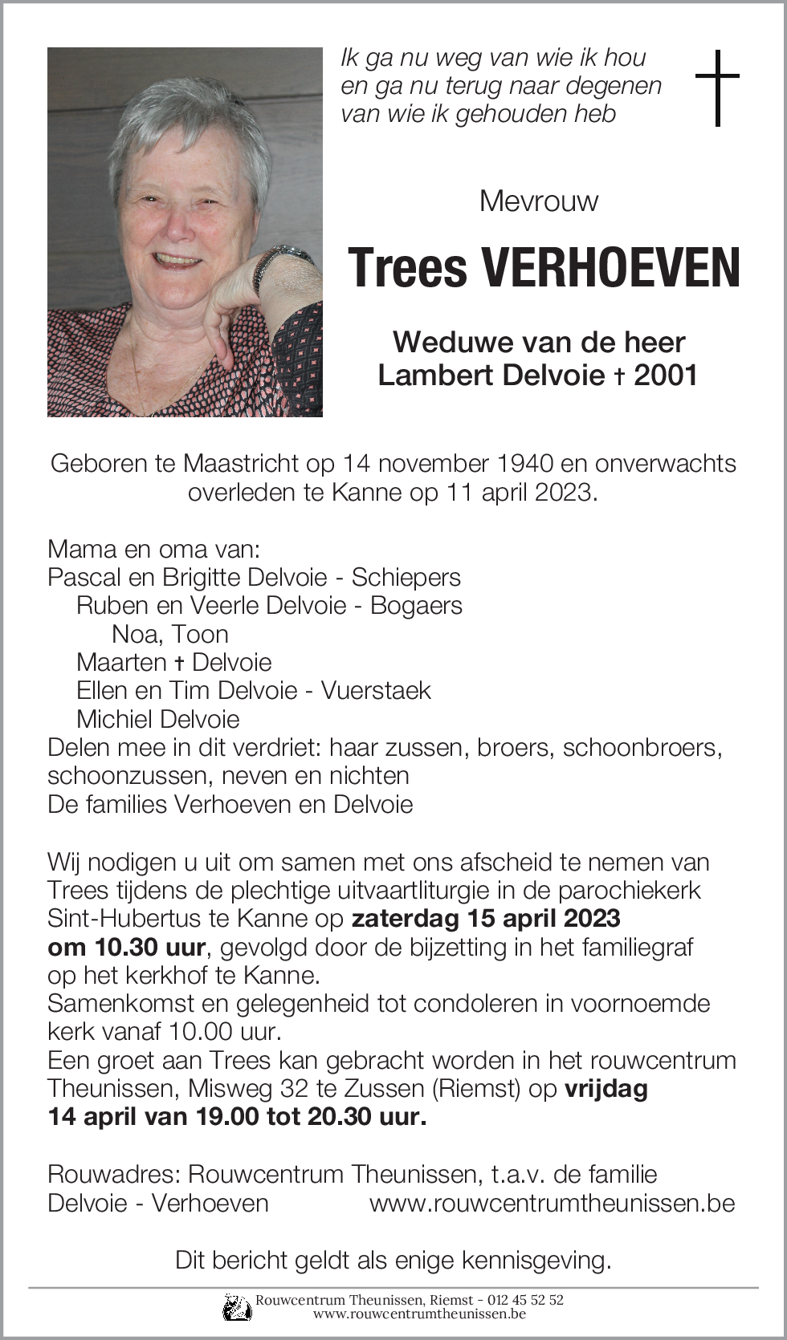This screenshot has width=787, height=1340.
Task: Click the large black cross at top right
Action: [x=717, y=87]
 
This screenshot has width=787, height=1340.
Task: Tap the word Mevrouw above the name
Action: [x=538, y=201]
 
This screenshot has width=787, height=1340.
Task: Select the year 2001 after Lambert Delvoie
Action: [x=666, y=375]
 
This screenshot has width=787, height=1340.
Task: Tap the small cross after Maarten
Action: [x=180, y=663]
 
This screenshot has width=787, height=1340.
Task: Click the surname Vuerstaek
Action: [x=376, y=690]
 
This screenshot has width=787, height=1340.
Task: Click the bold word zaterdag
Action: [x=405, y=918]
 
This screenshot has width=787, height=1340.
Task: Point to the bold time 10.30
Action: [x=125, y=947]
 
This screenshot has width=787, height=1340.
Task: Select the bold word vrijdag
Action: [x=606, y=1088]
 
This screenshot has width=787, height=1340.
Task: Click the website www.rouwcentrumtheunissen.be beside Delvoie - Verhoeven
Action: [x=552, y=1203]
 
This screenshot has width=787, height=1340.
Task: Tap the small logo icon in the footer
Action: [x=237, y=1306]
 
